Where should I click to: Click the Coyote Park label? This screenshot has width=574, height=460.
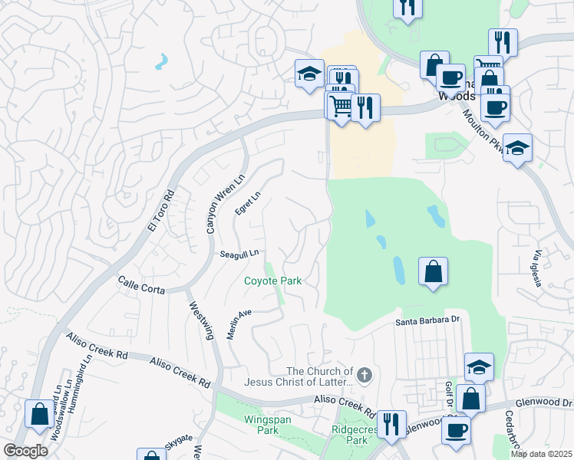coord(272,281)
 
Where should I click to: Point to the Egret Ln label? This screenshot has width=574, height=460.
coord(247,203)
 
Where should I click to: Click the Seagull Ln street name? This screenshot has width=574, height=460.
coord(239,253)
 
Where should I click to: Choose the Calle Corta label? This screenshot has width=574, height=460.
coord(142,287)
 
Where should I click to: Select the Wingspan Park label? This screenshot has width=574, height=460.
coord(261,425)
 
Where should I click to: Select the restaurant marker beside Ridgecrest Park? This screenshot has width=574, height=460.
coord(391,424)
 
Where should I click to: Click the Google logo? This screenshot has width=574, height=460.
coord(25,451)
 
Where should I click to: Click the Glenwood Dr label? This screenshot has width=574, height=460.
coord(544,402)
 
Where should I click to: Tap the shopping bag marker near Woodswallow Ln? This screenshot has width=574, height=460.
coord(38,414)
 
